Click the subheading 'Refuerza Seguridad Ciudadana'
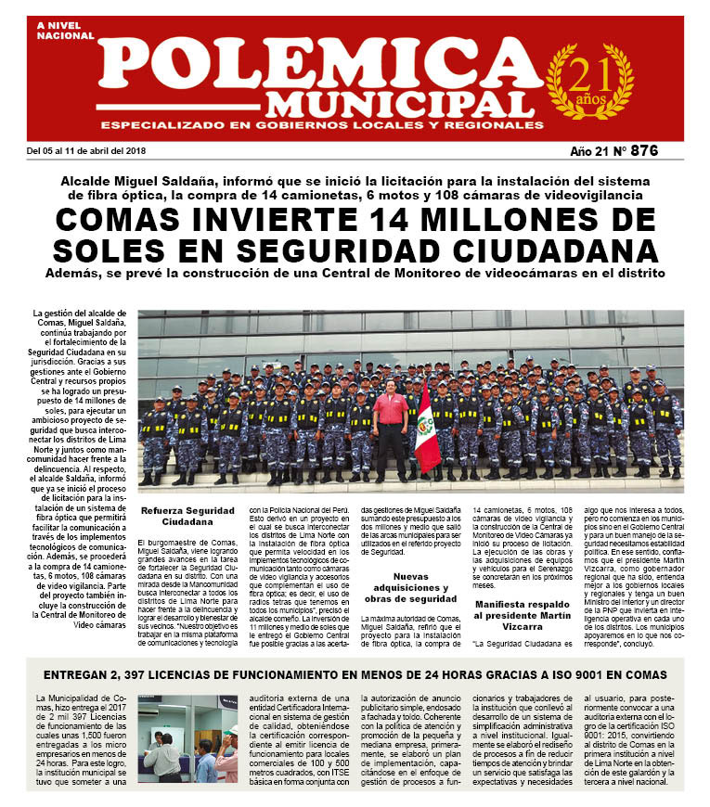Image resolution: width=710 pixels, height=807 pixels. [188, 515]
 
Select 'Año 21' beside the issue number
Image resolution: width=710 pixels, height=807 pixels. [592, 150]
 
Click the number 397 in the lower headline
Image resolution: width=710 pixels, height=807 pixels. [156, 672]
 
